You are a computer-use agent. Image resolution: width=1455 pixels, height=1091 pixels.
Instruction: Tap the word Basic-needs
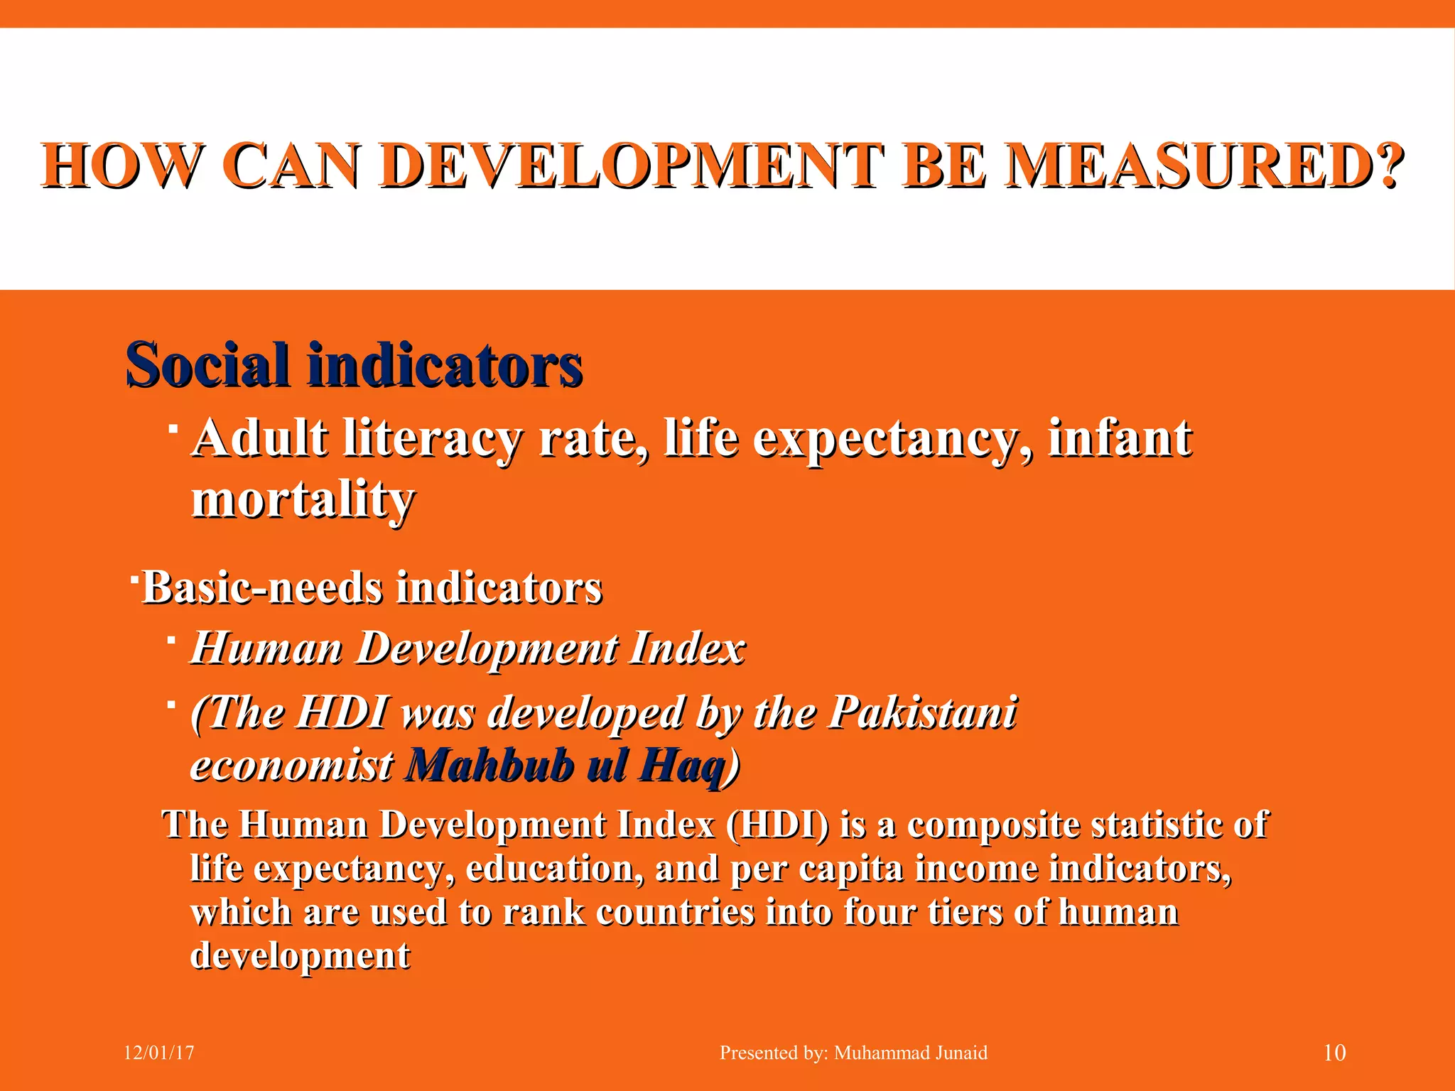coord(262,588)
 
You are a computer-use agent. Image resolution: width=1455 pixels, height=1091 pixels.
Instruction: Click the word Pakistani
coord(923,712)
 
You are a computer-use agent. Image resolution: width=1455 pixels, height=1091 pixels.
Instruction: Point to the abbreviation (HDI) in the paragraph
coord(778,825)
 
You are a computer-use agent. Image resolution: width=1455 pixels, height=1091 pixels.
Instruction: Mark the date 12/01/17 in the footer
coord(159,1053)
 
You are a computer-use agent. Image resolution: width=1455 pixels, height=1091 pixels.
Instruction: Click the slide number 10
coord(1334,1053)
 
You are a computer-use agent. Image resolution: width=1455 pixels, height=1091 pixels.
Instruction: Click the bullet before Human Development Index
coord(172,641)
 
